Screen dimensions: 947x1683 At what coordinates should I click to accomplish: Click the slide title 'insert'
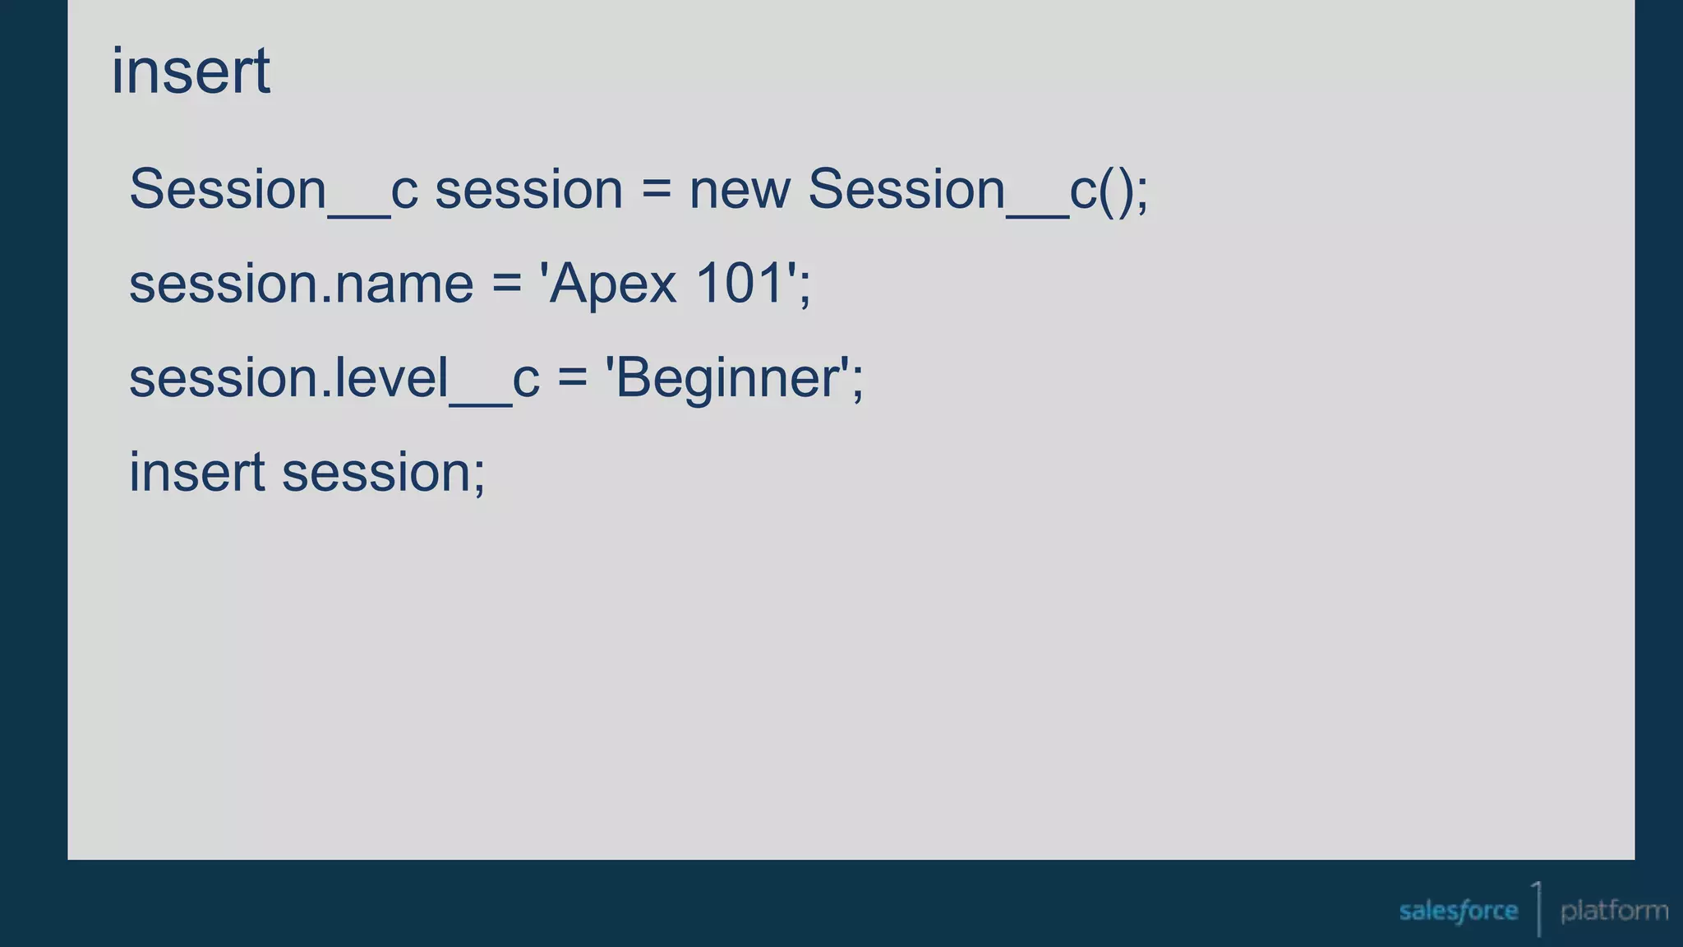point(191,72)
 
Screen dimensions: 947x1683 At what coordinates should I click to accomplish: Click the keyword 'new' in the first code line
point(740,190)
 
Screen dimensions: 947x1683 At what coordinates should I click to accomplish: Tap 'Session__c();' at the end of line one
point(978,190)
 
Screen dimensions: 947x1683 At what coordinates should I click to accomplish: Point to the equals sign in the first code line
point(656,190)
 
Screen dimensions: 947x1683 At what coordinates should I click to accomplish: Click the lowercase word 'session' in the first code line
point(528,190)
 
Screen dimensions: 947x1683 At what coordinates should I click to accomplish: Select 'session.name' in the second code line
point(302,284)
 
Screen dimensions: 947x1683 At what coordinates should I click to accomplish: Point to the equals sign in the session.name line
point(506,284)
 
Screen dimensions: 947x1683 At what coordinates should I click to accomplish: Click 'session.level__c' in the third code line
point(334,379)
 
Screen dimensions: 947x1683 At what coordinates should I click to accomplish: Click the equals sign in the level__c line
point(572,379)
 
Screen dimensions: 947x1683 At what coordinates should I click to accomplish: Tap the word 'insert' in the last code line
point(197,473)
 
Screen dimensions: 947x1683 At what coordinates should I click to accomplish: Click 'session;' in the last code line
point(384,473)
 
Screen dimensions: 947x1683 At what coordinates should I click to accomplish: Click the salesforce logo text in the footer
point(1458,911)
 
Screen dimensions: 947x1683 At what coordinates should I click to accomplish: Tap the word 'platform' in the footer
point(1614,911)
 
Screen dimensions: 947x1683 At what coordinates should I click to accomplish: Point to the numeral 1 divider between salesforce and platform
point(1538,908)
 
